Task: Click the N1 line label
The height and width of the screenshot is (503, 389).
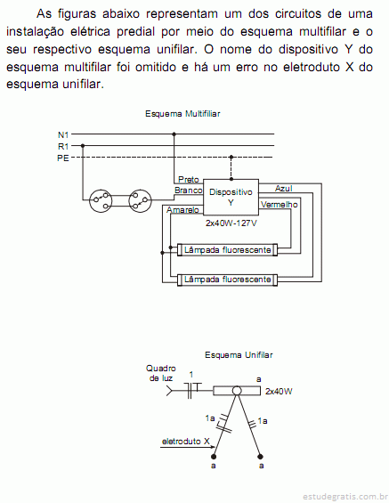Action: point(63,135)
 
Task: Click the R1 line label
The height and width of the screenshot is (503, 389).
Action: point(63,147)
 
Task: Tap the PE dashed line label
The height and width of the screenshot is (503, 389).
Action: point(63,158)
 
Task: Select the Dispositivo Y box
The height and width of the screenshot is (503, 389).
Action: point(231,197)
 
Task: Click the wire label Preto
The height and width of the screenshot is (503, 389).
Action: point(188,179)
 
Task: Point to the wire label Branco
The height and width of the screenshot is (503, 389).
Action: point(188,191)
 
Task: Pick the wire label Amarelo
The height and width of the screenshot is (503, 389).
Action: point(182,210)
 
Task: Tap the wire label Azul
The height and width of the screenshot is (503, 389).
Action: point(283,189)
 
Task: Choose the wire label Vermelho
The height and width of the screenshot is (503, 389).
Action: point(279,205)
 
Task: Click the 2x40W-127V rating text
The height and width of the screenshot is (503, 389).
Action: point(231,223)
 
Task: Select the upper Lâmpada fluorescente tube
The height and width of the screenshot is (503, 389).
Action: point(227,250)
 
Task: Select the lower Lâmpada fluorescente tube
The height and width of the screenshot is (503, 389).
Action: point(227,280)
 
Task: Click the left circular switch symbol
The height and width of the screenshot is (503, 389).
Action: point(101,201)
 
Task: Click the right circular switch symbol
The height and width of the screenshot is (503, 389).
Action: point(140,201)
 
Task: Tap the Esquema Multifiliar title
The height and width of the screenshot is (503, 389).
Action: point(182,114)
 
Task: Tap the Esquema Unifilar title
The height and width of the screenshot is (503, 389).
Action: point(239,355)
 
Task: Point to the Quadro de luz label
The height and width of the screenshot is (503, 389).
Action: point(160,373)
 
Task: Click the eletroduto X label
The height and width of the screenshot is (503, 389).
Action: point(186,442)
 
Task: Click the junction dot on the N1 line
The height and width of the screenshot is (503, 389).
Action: point(174,134)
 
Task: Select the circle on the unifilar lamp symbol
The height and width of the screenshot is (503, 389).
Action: point(237,391)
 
